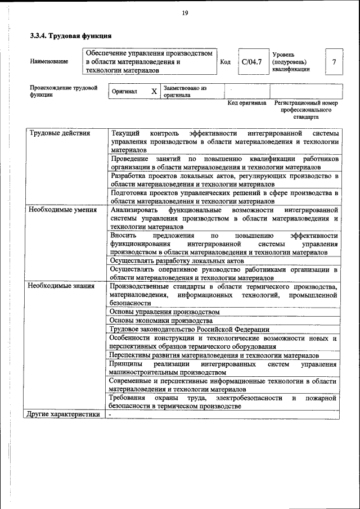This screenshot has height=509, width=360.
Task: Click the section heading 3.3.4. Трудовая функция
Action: [70, 36]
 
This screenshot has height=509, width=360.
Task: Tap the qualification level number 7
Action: [334, 62]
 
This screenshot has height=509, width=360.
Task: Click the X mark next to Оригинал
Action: [154, 91]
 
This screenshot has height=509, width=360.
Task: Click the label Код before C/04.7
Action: [225, 62]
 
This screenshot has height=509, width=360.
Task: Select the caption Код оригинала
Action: [246, 103]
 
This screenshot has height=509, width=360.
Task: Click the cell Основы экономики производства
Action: [161, 320]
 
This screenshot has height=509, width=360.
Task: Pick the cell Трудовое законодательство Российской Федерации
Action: [190, 329]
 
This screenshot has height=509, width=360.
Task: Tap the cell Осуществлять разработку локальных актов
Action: [177, 261]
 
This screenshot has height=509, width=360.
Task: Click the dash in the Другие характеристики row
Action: [111, 415]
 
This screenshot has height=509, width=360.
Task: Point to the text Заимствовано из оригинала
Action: [184, 92]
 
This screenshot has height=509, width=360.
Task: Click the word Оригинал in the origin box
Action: [124, 91]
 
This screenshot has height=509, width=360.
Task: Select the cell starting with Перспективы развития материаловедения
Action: [214, 355]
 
